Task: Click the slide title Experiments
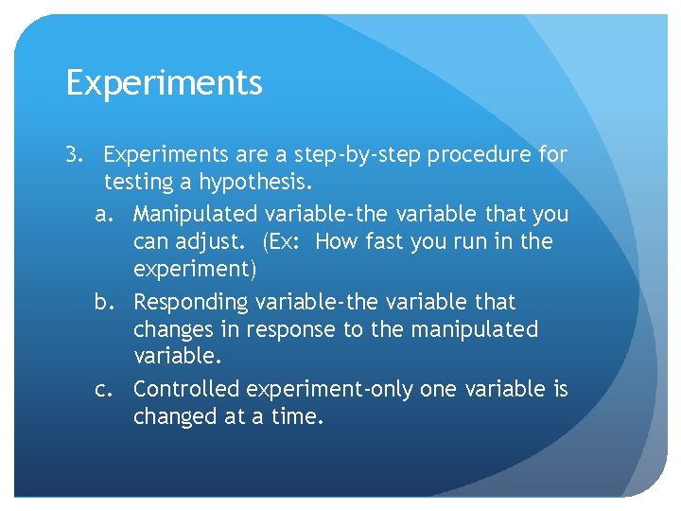[x=165, y=84]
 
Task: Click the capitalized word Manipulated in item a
[x=196, y=214]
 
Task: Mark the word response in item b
[x=291, y=330]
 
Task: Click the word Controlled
[x=186, y=389]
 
